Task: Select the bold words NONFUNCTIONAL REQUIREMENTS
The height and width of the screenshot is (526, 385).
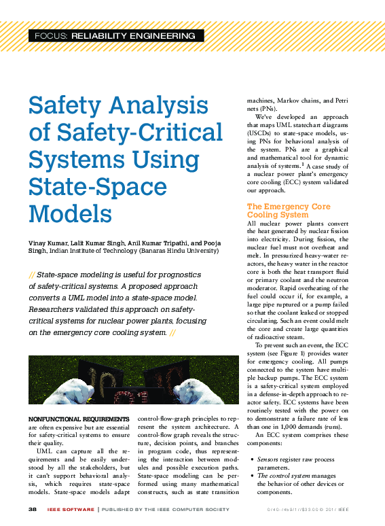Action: pos(77,419)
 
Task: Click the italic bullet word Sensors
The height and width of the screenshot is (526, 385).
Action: pos(268,460)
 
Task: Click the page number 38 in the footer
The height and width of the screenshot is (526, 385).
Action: pos(32,508)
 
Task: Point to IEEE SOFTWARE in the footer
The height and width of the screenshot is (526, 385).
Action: pos(71,508)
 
